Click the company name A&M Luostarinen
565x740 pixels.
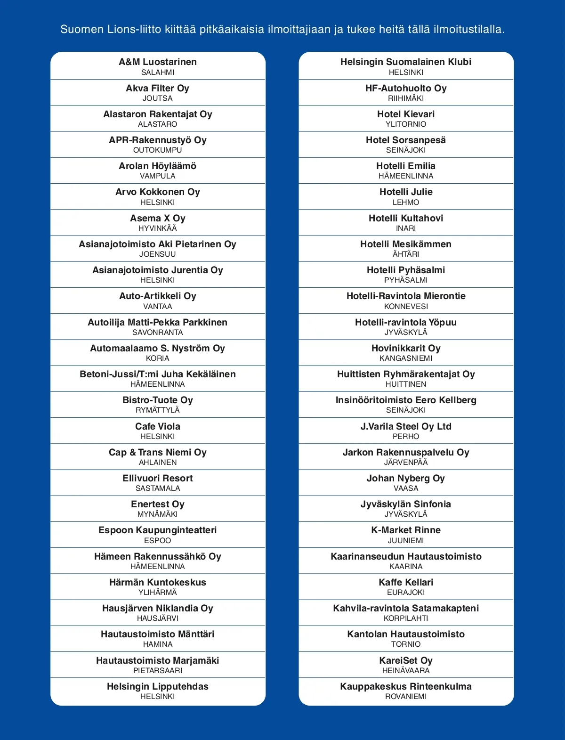[x=158, y=62]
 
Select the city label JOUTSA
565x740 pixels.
[x=158, y=98]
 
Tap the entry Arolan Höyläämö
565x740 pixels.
[x=158, y=166]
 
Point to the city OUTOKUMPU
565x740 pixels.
[x=158, y=150]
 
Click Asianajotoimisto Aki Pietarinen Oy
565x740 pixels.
[x=158, y=244]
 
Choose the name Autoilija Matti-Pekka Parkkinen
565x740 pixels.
[x=158, y=323]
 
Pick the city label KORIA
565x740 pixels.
[x=158, y=358]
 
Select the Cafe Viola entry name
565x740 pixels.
[x=158, y=427]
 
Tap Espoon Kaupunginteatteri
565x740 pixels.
[x=158, y=530]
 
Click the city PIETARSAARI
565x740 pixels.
[x=158, y=671]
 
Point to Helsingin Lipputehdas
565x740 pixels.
[x=158, y=687]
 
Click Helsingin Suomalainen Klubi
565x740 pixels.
[x=406, y=62]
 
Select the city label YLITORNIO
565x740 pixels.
[x=406, y=124]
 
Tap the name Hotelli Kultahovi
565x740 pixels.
[x=406, y=219]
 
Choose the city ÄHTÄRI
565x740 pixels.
[x=406, y=254]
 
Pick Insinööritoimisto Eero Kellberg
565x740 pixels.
[x=406, y=400]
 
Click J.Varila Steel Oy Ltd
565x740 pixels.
[x=406, y=427]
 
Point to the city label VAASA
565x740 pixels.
[x=406, y=488]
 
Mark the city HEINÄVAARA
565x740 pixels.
[x=406, y=671]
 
